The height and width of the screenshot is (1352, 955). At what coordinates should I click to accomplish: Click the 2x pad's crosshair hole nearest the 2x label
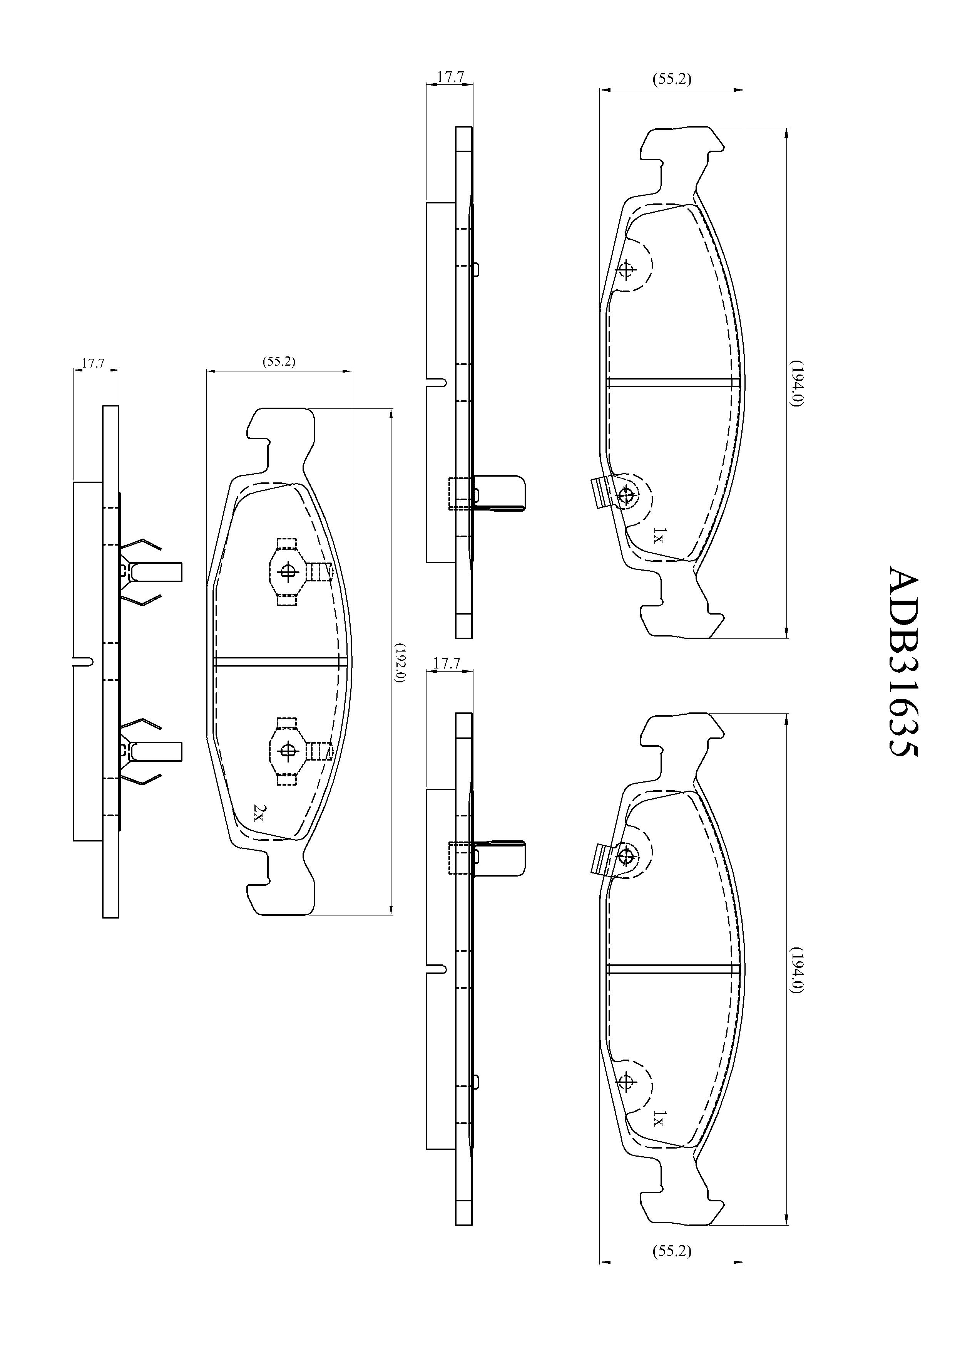click(288, 750)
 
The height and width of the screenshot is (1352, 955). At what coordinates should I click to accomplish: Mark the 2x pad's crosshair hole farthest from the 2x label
click(288, 571)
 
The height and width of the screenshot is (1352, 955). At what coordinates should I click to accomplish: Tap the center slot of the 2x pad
click(280, 661)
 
